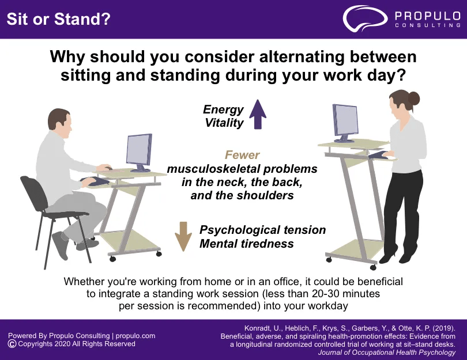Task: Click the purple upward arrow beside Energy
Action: pyautogui.click(x=258, y=114)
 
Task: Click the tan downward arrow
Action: pyautogui.click(x=183, y=236)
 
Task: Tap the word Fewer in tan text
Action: pyautogui.click(x=242, y=155)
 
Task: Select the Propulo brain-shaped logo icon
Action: pyautogui.click(x=365, y=18)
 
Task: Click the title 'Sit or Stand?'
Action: pyautogui.click(x=58, y=19)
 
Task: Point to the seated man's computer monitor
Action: pyautogui.click(x=139, y=153)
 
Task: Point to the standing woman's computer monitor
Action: pyautogui.click(x=345, y=123)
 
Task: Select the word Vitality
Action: pyautogui.click(x=224, y=123)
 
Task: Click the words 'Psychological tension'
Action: pyautogui.click(x=262, y=230)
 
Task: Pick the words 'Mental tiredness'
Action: pyautogui.click(x=247, y=244)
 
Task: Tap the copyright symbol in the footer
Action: pyautogui.click(x=12, y=344)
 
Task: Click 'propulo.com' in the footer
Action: pyautogui.click(x=135, y=336)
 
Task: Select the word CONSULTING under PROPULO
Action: pyautogui.click(x=428, y=25)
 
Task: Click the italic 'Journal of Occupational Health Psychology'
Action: pyautogui.click(x=387, y=353)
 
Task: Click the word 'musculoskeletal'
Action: pyautogui.click(x=213, y=169)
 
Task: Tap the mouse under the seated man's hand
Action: pyautogui.click(x=108, y=168)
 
